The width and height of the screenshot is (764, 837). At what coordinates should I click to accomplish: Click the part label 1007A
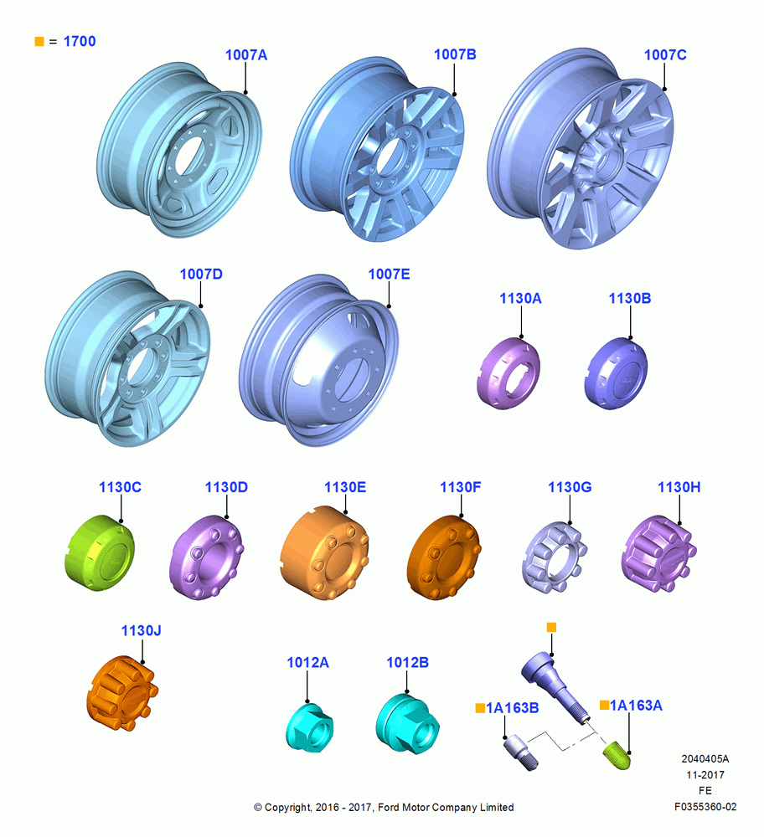[x=245, y=55]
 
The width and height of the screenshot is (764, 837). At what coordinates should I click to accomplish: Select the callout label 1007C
[x=665, y=55]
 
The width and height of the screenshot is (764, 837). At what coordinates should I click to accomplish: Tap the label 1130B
[x=630, y=299]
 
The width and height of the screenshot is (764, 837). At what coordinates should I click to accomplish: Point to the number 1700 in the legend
[x=80, y=41]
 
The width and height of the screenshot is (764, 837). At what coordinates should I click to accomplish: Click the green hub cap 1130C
[x=100, y=552]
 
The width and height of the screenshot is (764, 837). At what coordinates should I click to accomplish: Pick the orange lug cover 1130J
[x=122, y=693]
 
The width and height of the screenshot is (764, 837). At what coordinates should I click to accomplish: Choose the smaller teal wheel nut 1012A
[x=309, y=727]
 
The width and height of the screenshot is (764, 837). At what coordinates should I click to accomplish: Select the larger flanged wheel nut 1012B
[x=407, y=724]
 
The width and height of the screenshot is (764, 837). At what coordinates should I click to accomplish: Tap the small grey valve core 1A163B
[x=520, y=752]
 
